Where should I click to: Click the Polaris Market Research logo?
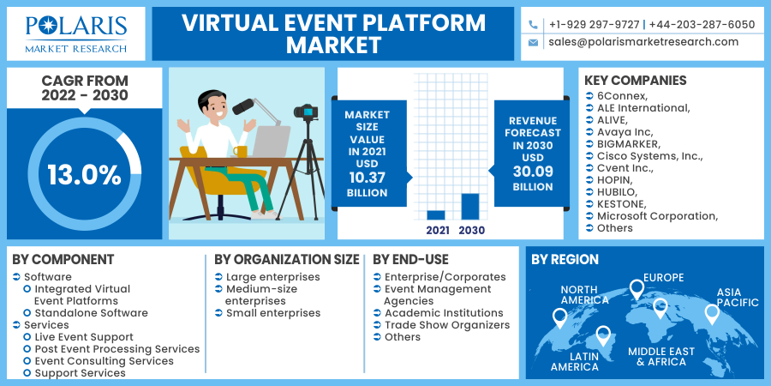click(x=76, y=34)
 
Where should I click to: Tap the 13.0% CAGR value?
click(x=84, y=175)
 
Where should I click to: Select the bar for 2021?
click(x=436, y=215)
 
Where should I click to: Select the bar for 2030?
click(x=470, y=207)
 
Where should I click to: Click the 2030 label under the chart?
click(x=471, y=230)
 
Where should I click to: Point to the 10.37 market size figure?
click(x=368, y=178)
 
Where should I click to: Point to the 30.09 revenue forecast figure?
click(x=533, y=172)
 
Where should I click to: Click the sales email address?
click(x=643, y=42)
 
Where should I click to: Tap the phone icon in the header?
click(x=533, y=25)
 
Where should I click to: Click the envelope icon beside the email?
click(x=533, y=42)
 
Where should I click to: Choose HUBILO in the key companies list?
click(x=617, y=192)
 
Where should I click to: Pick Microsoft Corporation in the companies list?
click(x=657, y=216)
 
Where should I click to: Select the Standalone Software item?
click(x=91, y=313)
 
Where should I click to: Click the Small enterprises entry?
click(x=273, y=313)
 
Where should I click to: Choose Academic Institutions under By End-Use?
click(x=444, y=313)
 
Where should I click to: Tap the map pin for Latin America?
click(x=603, y=336)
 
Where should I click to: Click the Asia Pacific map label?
click(x=737, y=298)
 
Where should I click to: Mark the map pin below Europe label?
click(x=637, y=290)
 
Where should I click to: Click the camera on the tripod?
click(x=306, y=112)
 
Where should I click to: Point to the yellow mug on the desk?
click(x=241, y=151)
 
